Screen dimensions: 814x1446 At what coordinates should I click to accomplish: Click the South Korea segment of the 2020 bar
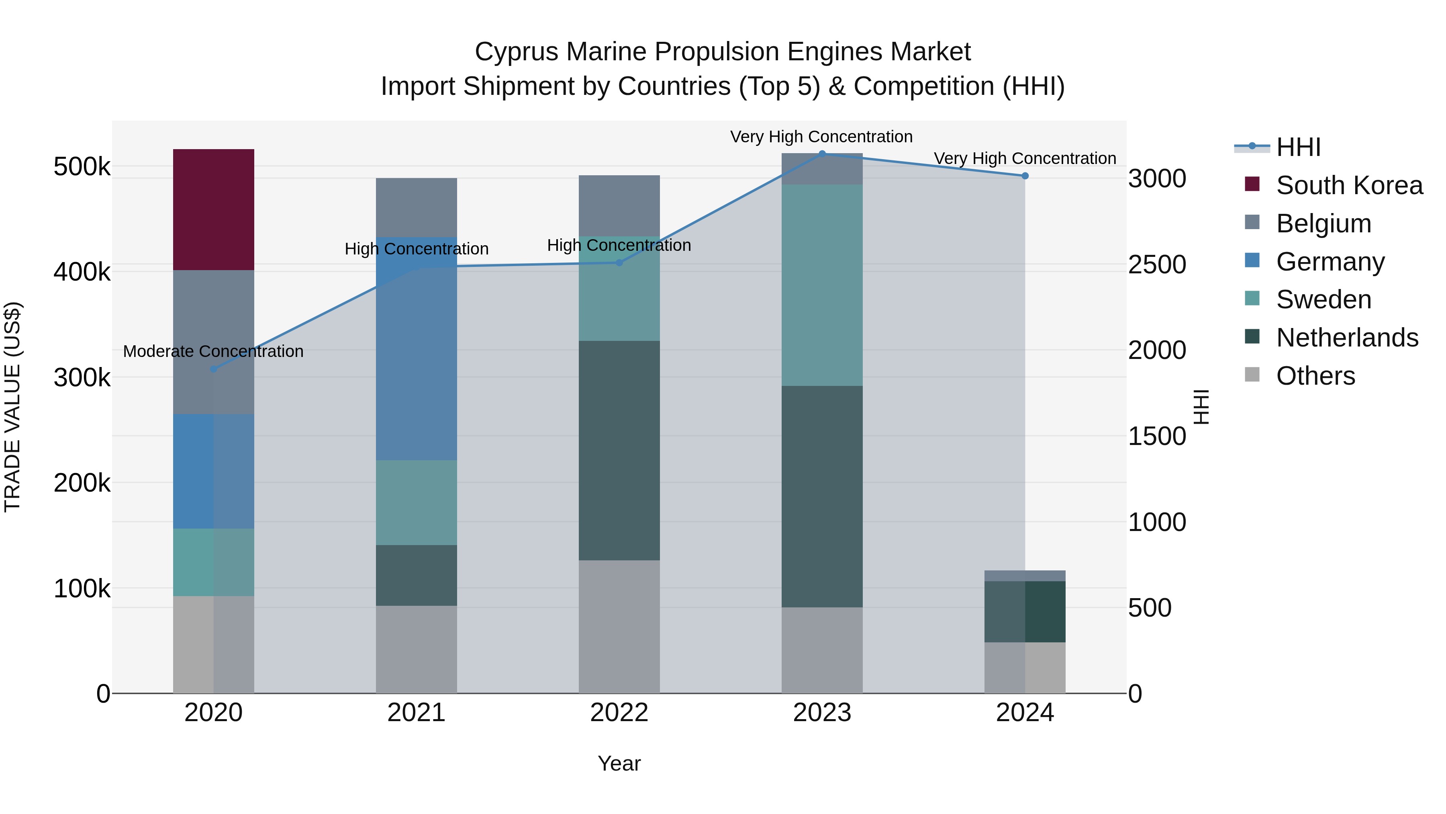(x=213, y=209)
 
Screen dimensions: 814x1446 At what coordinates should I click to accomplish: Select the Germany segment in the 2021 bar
(x=416, y=348)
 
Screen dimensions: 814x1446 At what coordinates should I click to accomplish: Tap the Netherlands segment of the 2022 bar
(x=619, y=450)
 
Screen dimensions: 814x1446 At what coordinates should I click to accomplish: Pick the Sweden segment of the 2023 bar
(x=822, y=285)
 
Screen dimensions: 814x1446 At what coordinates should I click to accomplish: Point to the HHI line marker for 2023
(x=822, y=154)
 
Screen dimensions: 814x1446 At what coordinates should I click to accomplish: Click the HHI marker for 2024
(x=1025, y=176)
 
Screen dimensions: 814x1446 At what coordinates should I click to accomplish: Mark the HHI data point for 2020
(x=213, y=369)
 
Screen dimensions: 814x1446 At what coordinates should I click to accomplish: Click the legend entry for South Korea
(x=1349, y=185)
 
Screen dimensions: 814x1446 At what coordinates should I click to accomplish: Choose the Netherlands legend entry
(x=1347, y=338)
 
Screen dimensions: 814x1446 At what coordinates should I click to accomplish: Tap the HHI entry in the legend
(x=1298, y=147)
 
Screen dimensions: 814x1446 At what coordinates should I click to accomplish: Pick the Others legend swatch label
(x=1315, y=376)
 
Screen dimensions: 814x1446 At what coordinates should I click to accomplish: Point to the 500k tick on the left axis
(x=82, y=167)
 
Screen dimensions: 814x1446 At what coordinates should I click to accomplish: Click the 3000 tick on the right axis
(x=1157, y=178)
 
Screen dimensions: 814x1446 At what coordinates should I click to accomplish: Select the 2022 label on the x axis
(x=619, y=713)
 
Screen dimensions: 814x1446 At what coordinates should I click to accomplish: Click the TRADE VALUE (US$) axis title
(x=12, y=407)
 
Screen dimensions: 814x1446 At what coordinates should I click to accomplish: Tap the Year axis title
(x=619, y=763)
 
